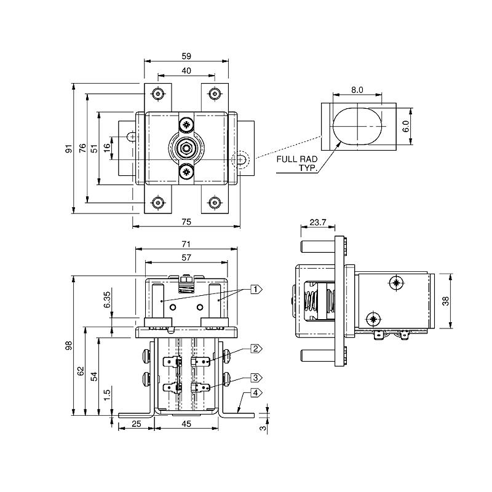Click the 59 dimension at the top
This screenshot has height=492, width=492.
(x=186, y=55)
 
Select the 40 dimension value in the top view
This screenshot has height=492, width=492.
(x=186, y=71)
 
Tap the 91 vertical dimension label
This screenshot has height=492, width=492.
(x=68, y=148)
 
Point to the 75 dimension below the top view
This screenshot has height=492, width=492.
(x=186, y=221)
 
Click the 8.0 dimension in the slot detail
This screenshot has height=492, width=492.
(x=357, y=90)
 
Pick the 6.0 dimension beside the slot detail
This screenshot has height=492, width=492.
(x=405, y=128)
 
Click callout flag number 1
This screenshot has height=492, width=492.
(x=256, y=288)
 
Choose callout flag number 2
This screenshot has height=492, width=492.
(x=256, y=349)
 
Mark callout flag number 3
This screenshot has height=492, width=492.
(x=256, y=378)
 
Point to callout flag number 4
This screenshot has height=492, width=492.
(x=256, y=392)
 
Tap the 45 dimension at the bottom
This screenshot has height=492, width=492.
(x=186, y=424)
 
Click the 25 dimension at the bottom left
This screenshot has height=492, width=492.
(x=136, y=424)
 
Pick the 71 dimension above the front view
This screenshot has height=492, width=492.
(x=186, y=244)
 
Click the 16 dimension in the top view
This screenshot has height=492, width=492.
(x=107, y=148)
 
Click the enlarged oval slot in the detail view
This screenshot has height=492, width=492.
(x=357, y=125)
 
